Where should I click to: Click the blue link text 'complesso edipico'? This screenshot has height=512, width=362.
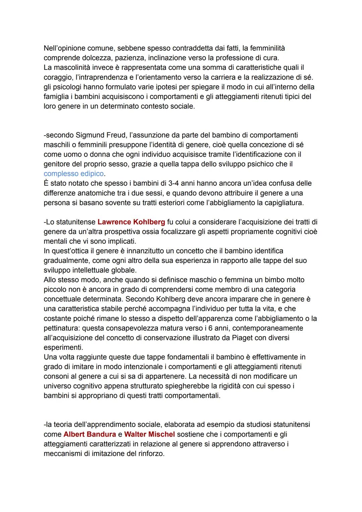coord(74,174)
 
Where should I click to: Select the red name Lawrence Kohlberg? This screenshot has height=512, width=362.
coord(131,222)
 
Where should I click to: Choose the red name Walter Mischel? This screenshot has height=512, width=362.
coord(149,434)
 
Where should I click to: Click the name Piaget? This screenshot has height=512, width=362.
coord(242,337)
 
